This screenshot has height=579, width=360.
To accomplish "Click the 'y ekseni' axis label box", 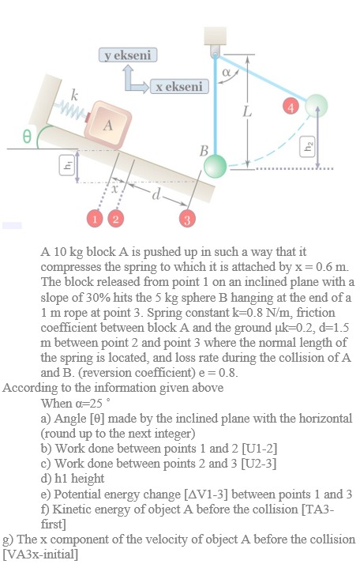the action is pos(129,55).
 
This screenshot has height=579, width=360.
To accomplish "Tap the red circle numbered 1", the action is pos(96,217).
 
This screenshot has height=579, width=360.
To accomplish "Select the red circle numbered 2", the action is pos(116,217).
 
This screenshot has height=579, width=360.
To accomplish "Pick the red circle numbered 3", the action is pos(187,217).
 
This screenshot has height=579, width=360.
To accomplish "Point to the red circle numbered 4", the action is pos(291,106).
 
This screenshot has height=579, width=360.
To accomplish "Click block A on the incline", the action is pos(106,123).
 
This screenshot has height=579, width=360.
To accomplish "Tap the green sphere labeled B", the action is pos(214,166).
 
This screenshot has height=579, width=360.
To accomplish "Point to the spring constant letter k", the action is pos(75,96).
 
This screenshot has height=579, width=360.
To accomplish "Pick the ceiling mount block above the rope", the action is pos(215,37).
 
